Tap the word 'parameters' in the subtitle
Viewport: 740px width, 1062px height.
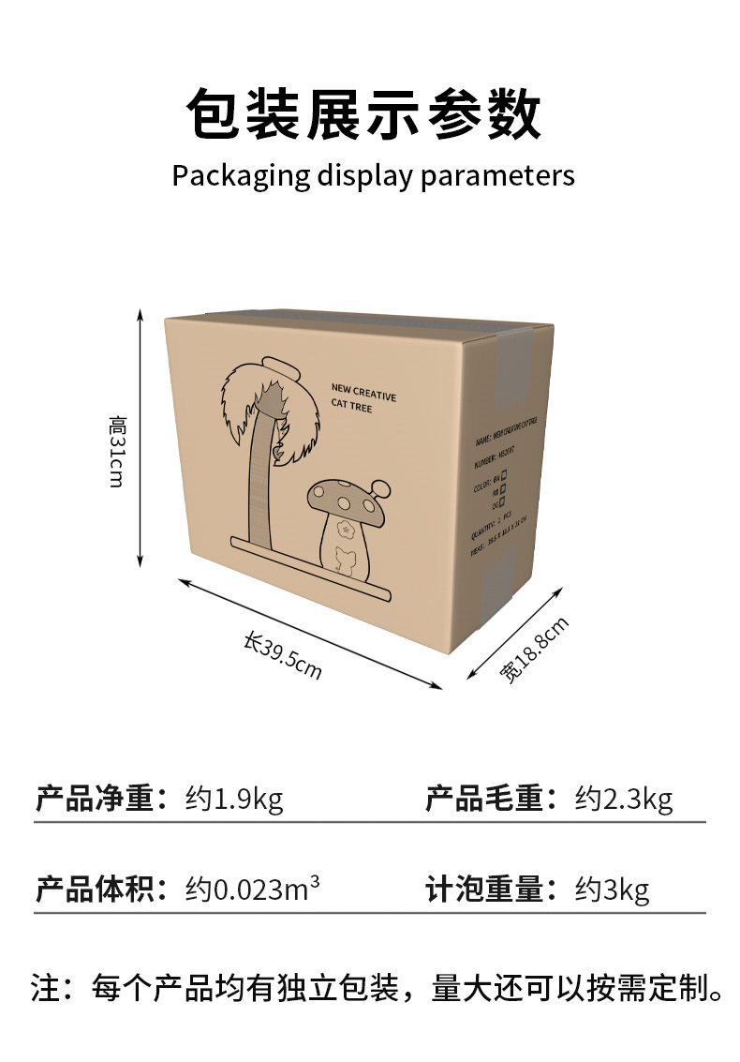click(497, 176)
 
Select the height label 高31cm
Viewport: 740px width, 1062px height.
click(117, 452)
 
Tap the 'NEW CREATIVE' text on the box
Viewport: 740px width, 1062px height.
click(363, 391)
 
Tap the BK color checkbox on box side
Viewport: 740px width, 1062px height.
click(503, 476)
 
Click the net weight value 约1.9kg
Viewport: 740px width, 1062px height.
click(233, 800)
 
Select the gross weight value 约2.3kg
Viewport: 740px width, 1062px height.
click(623, 800)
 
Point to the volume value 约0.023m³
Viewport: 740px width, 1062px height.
click(252, 889)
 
